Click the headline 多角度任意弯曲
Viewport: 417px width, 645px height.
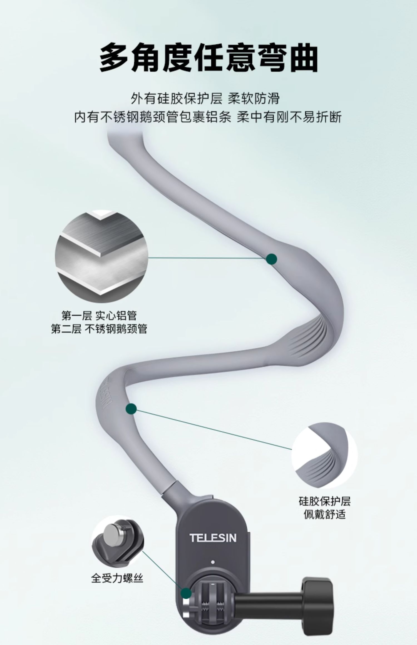click(x=209, y=58)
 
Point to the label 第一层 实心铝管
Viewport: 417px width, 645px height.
click(x=99, y=316)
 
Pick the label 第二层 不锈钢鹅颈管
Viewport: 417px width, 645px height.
click(x=99, y=329)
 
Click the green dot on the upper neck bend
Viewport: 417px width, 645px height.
click(x=271, y=259)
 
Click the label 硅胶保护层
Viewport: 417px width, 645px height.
click(x=324, y=502)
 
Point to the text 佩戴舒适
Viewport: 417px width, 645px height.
click(x=324, y=515)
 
